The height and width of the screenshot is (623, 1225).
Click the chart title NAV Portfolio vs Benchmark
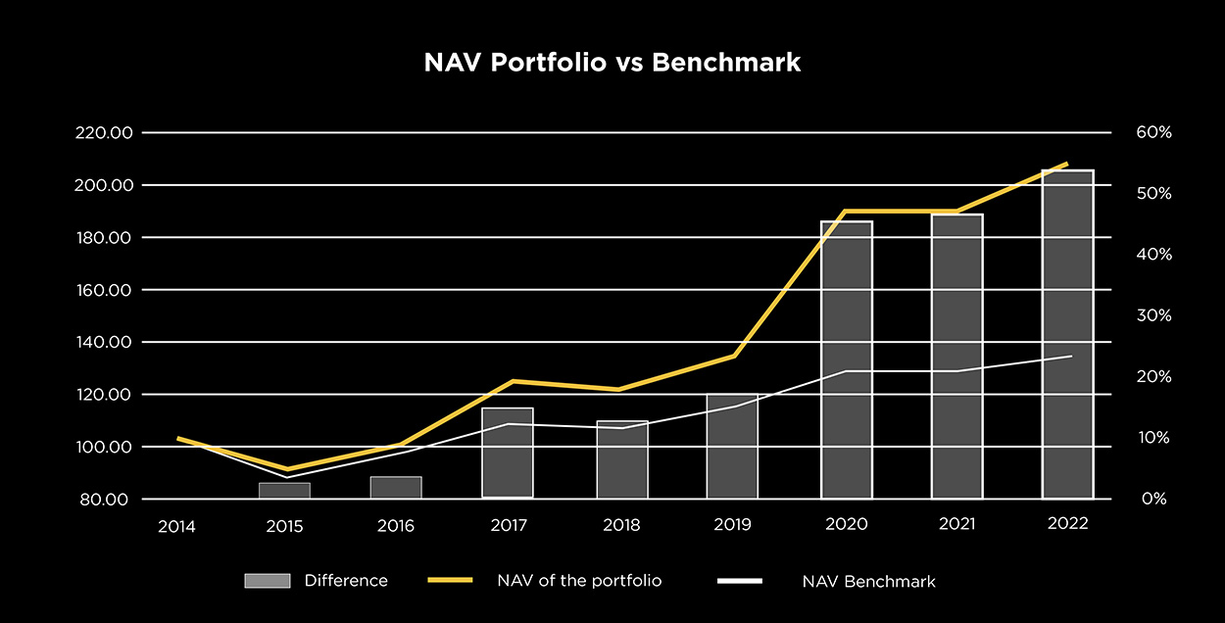[x=612, y=63]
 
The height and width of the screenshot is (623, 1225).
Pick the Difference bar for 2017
[x=508, y=453]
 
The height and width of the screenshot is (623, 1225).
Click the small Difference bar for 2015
[x=284, y=490]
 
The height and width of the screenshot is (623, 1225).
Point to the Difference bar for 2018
[x=622, y=459]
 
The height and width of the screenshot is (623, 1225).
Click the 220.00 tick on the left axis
[x=103, y=133]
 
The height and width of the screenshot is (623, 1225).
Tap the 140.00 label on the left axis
[x=103, y=342]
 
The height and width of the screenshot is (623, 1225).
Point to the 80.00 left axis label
[x=107, y=500]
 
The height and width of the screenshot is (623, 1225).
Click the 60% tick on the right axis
[x=1154, y=133]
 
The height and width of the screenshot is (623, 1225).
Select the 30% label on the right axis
[x=1154, y=315]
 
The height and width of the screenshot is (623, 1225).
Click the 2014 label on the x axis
[x=176, y=526]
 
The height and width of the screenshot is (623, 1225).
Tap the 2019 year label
[x=733, y=526]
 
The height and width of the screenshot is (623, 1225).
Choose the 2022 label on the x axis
[x=1067, y=524]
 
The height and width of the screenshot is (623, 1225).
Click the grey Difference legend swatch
[x=268, y=581]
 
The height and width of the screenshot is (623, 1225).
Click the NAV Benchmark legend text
[x=862, y=582]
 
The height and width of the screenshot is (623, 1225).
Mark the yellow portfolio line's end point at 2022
[x=1067, y=164]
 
